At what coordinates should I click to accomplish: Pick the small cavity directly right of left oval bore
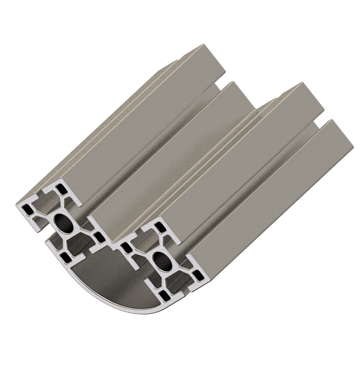[x=99, y=236]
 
